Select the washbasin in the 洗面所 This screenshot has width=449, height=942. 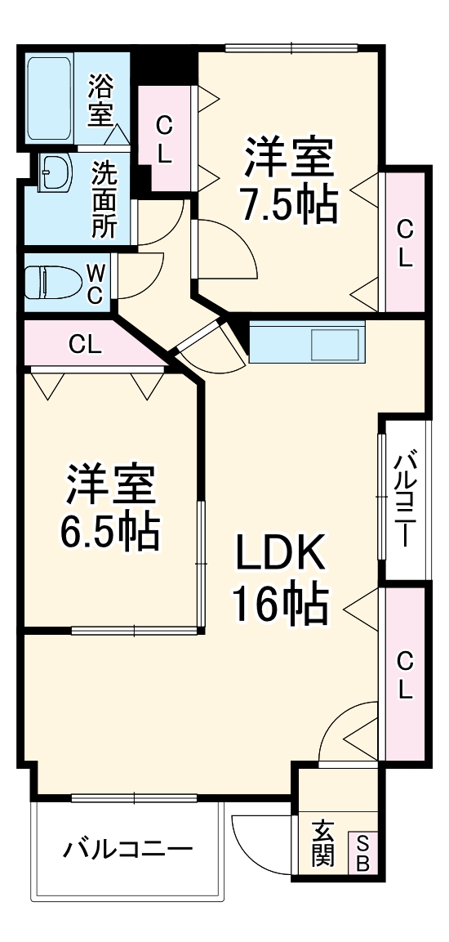click(55, 172)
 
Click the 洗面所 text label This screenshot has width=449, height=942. click(103, 199)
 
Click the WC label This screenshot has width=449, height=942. click(95, 283)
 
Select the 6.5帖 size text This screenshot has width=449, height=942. click(109, 532)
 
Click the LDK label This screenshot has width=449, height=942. click(281, 556)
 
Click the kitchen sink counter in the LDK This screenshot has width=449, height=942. click(307, 342)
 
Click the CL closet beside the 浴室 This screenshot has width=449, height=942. click(165, 139)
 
